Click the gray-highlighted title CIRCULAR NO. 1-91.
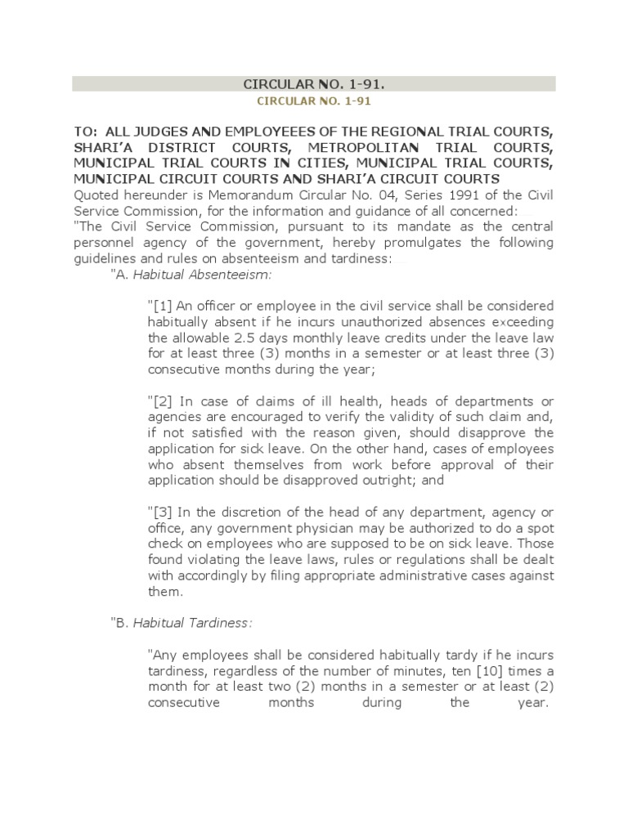314,84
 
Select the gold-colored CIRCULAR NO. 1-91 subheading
314,101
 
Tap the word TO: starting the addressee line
84,132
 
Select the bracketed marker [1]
159,306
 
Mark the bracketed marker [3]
159,512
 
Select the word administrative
419,575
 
